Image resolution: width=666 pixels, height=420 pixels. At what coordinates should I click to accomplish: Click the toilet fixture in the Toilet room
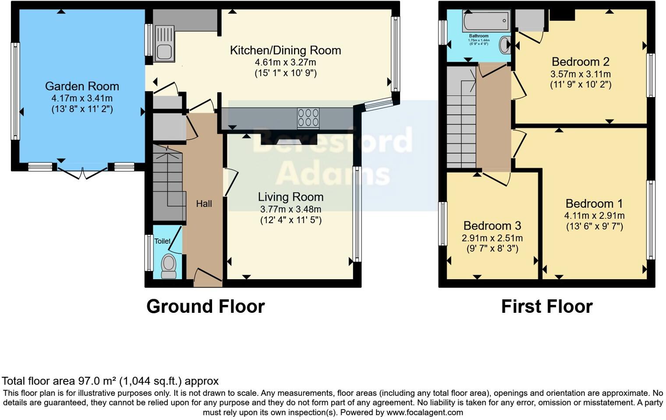tap(169, 266)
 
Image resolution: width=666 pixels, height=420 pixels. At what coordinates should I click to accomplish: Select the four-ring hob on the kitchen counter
tap(308, 118)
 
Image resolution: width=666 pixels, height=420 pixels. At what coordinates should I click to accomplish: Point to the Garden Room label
tap(82, 86)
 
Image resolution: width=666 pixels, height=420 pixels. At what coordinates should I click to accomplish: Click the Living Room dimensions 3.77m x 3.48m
tap(290, 210)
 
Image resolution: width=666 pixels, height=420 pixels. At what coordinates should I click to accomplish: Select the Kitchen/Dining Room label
tap(285, 50)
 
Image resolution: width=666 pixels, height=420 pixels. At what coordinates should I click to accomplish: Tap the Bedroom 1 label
tap(594, 203)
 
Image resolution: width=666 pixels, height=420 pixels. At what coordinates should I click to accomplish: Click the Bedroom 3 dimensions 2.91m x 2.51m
tap(492, 238)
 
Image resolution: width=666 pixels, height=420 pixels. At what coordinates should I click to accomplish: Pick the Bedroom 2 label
tap(580, 62)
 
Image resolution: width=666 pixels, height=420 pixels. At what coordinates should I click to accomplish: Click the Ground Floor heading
tap(205, 307)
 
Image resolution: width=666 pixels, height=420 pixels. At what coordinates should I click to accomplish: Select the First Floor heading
tap(546, 307)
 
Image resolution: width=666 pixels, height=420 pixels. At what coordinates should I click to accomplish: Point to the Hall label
tap(204, 203)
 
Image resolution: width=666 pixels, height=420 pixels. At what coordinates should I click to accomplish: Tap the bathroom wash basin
tap(505, 44)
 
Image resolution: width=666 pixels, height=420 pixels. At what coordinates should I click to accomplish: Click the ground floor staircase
tap(167, 184)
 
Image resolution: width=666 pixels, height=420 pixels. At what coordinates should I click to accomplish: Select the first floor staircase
tap(461, 118)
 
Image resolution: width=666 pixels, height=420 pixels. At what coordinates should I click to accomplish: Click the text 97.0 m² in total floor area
tap(96, 381)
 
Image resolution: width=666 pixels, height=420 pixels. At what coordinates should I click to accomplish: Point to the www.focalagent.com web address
tap(425, 412)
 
